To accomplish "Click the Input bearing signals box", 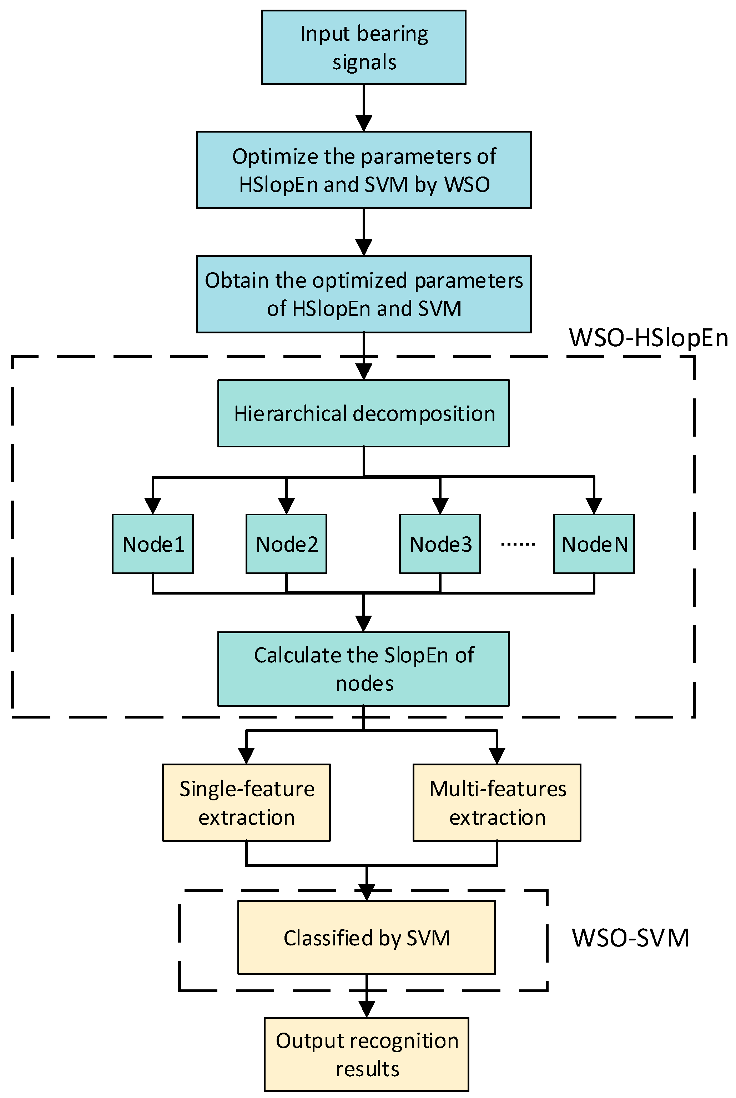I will click(x=363, y=48).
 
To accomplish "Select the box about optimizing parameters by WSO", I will click(x=363, y=170).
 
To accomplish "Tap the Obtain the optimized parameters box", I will click(x=363, y=294).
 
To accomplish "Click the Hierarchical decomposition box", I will click(x=363, y=413).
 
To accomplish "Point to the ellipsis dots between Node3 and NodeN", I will click(x=518, y=545).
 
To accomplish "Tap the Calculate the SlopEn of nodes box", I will click(x=363, y=669).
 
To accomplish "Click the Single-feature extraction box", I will click(x=246, y=803).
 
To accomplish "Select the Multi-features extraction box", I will click(x=496, y=803).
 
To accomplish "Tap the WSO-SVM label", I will click(x=630, y=938).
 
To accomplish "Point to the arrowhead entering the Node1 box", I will click(x=152, y=506).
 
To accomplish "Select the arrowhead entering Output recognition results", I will click(x=366, y=1009).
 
